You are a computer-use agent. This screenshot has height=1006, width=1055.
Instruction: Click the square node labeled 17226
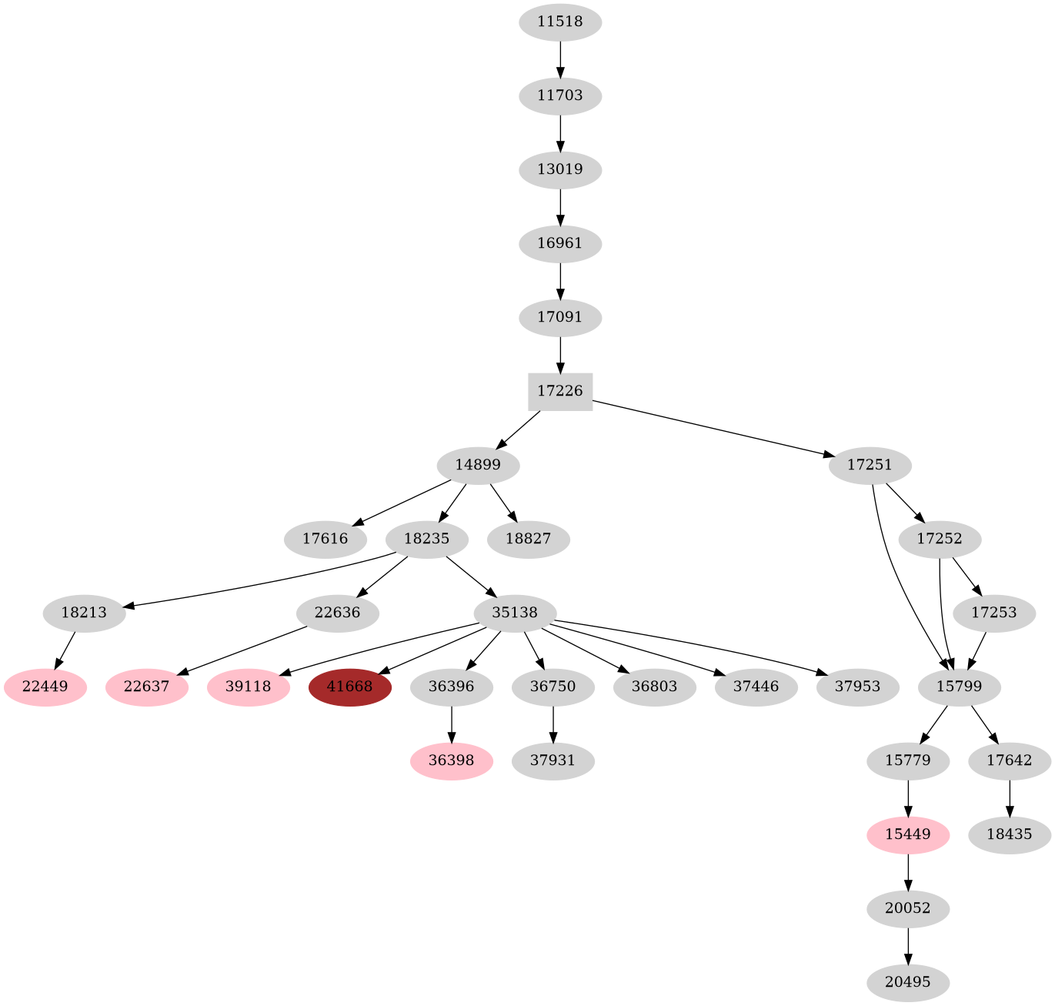pos(560,391)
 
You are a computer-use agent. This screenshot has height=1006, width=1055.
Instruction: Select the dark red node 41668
pos(350,686)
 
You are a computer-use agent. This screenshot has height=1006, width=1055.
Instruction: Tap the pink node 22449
pos(45,686)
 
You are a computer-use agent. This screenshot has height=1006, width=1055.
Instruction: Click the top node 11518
pos(560,22)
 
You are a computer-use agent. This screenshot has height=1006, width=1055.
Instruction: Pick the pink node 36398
pos(452,760)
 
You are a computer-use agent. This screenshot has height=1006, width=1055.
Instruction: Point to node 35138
pos(515,613)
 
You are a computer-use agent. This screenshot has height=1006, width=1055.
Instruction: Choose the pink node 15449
pos(908,834)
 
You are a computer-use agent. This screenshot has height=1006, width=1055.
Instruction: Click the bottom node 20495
pos(908,982)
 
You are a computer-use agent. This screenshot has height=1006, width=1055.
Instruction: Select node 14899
pos(478,465)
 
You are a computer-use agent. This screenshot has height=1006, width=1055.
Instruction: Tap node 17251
pos(870,465)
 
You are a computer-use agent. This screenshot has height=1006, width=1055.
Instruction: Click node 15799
pos(960,686)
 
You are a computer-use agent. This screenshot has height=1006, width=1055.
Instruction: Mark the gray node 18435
pos(1009,834)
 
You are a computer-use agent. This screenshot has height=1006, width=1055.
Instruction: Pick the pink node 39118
pos(249,686)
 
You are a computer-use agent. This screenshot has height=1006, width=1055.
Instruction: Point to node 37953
pos(858,686)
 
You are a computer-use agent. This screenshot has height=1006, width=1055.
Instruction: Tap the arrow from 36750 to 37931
pos(553,724)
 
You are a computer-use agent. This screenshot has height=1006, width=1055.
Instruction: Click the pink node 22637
pos(146,686)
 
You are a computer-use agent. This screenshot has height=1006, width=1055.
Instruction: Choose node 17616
pos(326,539)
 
